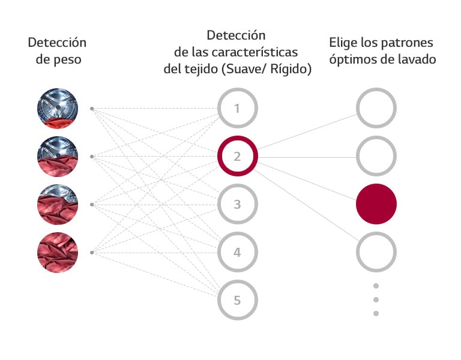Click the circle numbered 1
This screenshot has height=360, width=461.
(x=237, y=109)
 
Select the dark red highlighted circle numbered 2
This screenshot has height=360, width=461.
(x=237, y=157)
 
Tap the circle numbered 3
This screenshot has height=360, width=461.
(x=237, y=205)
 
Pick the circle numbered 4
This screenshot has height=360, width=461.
(x=237, y=253)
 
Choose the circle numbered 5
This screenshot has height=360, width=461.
(x=237, y=300)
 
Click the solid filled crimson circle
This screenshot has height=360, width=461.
(x=376, y=204)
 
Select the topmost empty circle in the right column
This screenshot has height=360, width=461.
(x=376, y=109)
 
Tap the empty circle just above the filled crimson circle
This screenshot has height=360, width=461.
(x=376, y=157)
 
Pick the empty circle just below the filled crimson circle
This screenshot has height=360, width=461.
(x=376, y=253)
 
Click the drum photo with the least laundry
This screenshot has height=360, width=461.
(x=58, y=109)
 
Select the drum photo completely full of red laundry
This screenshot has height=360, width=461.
(x=58, y=253)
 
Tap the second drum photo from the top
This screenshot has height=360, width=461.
(x=58, y=157)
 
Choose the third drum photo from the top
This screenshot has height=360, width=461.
(x=58, y=205)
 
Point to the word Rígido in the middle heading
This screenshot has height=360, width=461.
(x=291, y=69)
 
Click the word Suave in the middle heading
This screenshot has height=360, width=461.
(x=242, y=69)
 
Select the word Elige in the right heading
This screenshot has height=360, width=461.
(x=342, y=43)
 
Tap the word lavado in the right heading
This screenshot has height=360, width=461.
(x=416, y=59)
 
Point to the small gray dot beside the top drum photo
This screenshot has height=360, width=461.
(x=91, y=109)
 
